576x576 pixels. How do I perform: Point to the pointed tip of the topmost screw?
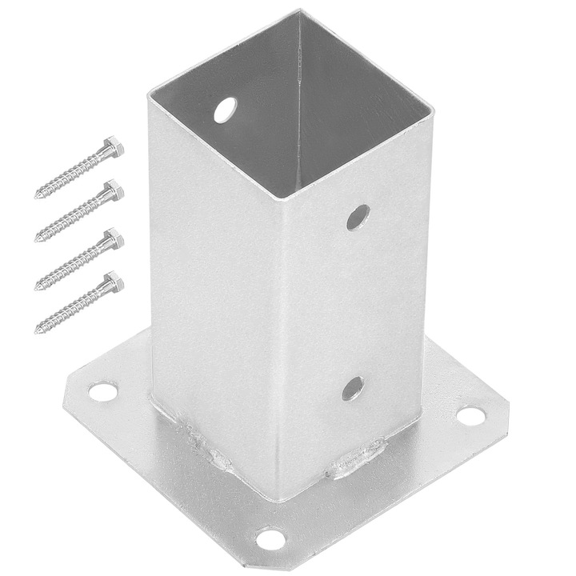pos(37,195)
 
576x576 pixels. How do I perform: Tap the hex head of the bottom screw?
pos(114,282)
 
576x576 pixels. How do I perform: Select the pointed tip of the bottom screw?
pos(37,330)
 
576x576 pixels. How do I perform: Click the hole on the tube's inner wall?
pos(226,110)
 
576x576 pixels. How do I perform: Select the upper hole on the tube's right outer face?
pos(358,216)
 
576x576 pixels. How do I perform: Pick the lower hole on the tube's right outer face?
pos(352,389)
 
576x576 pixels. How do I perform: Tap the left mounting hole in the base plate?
pos(102,391)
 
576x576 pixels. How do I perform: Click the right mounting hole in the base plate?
pos(470,416)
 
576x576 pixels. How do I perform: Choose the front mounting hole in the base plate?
pos(271,538)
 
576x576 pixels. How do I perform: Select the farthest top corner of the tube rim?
pos(299,11)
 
